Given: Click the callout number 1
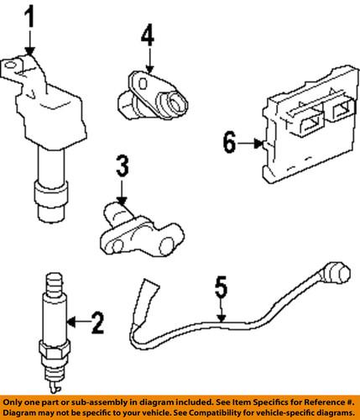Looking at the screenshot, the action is click(29, 18).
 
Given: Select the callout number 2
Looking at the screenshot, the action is click(97, 323).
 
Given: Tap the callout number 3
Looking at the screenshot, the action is click(123, 166).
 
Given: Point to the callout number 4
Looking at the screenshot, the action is click(148, 35).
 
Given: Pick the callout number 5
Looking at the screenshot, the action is click(222, 286).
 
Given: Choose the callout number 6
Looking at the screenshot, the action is click(229, 143).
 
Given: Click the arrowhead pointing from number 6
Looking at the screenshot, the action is click(259, 144).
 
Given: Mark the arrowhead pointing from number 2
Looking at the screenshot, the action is click(71, 323).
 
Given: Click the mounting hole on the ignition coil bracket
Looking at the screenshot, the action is click(10, 66).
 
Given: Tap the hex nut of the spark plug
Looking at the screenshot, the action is click(54, 350).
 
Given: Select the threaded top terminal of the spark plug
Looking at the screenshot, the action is click(55, 283).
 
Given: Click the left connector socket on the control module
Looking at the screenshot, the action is click(310, 124).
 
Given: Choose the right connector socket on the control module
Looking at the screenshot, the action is click(342, 112).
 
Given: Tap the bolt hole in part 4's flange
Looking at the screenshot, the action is click(143, 83).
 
